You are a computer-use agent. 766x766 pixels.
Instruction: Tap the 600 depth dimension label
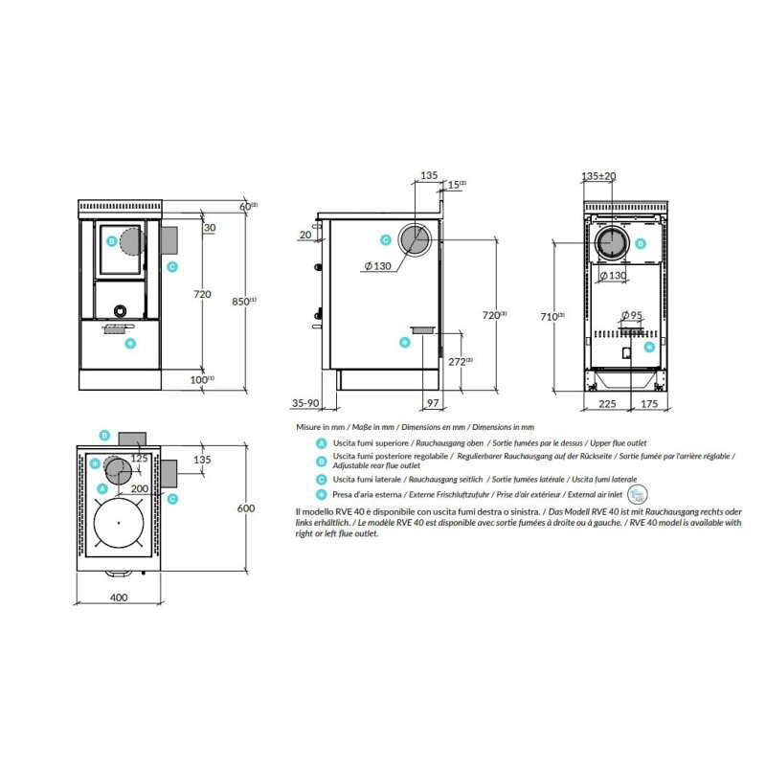point(245,507)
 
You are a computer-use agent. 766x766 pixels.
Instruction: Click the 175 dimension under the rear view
point(648,404)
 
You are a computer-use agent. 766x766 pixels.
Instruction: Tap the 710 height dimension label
point(550,315)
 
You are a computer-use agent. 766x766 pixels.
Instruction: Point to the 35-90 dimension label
point(306,404)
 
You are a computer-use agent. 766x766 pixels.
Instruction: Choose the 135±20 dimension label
point(599,176)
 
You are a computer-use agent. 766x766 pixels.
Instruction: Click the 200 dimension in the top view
point(140,487)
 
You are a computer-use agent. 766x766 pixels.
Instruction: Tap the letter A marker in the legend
point(321,443)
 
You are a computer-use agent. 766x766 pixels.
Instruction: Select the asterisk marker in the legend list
point(321,495)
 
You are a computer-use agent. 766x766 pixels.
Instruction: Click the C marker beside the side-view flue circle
point(386,240)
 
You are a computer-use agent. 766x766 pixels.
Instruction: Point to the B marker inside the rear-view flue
point(642,244)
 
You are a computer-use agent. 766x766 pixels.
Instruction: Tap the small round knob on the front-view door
point(120,310)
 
